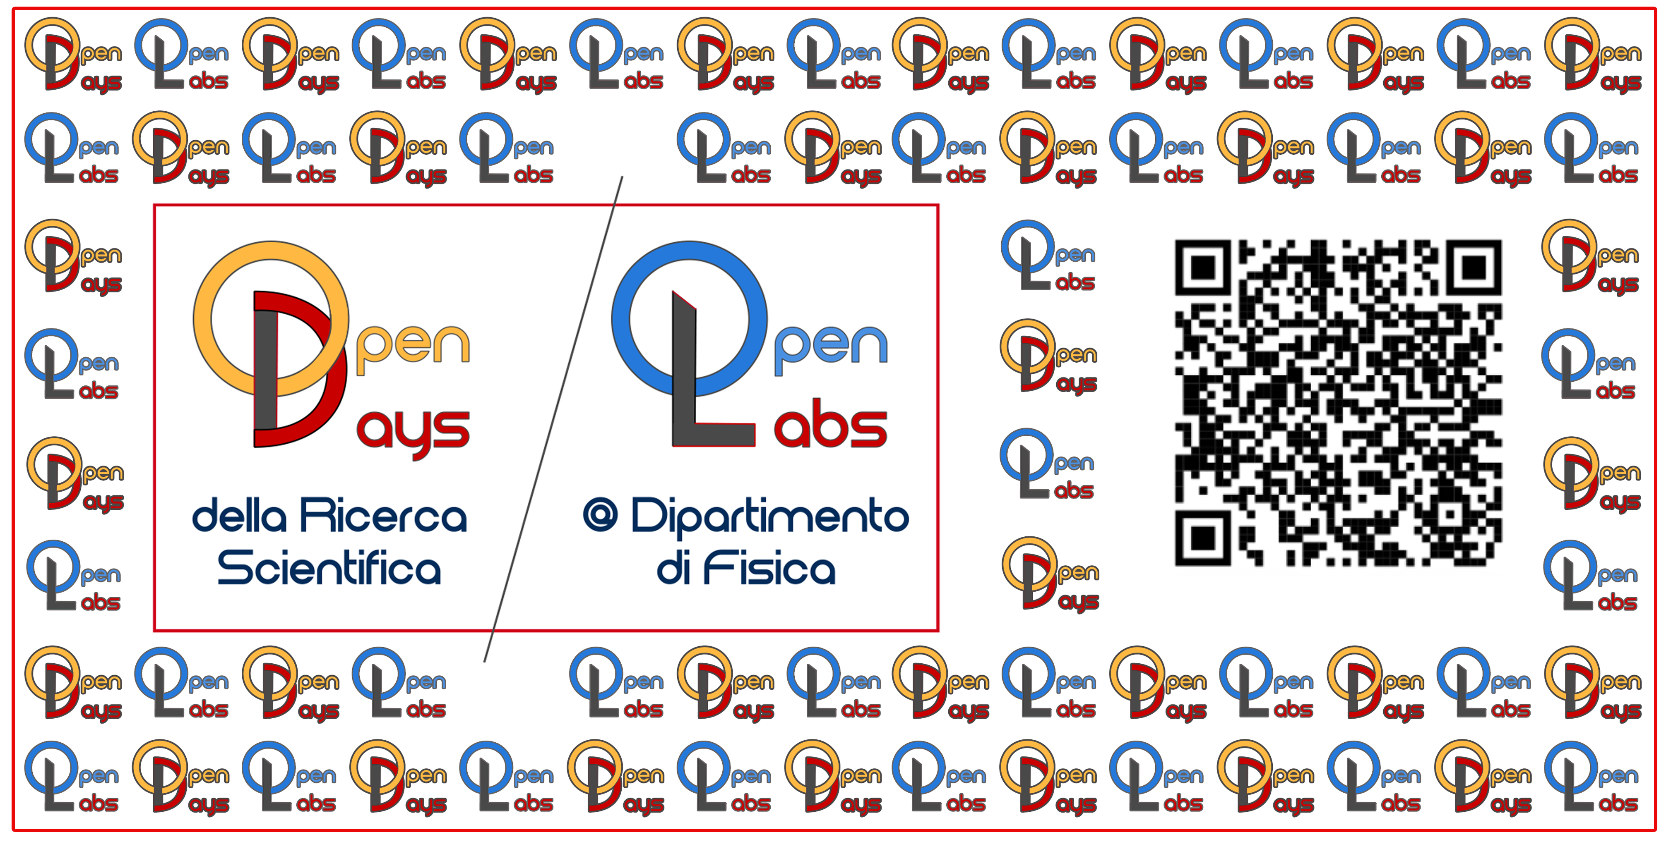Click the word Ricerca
coord(383,516)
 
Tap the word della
coord(239,516)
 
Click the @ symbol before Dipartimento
coord(600,516)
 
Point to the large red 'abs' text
coord(831,424)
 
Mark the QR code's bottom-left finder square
coord(1203,538)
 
